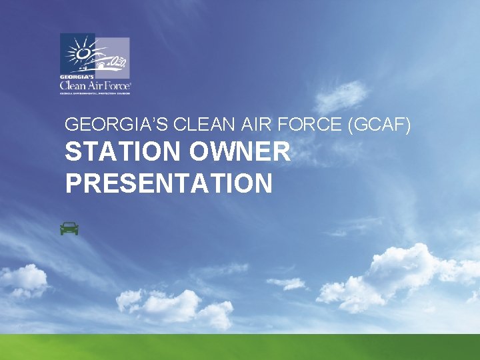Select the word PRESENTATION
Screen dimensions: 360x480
pos(169,183)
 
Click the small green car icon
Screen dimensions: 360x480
pos(69,229)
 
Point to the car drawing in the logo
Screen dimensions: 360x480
pos(110,63)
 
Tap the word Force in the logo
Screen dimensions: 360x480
pos(117,85)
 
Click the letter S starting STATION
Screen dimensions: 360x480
pos(73,153)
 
